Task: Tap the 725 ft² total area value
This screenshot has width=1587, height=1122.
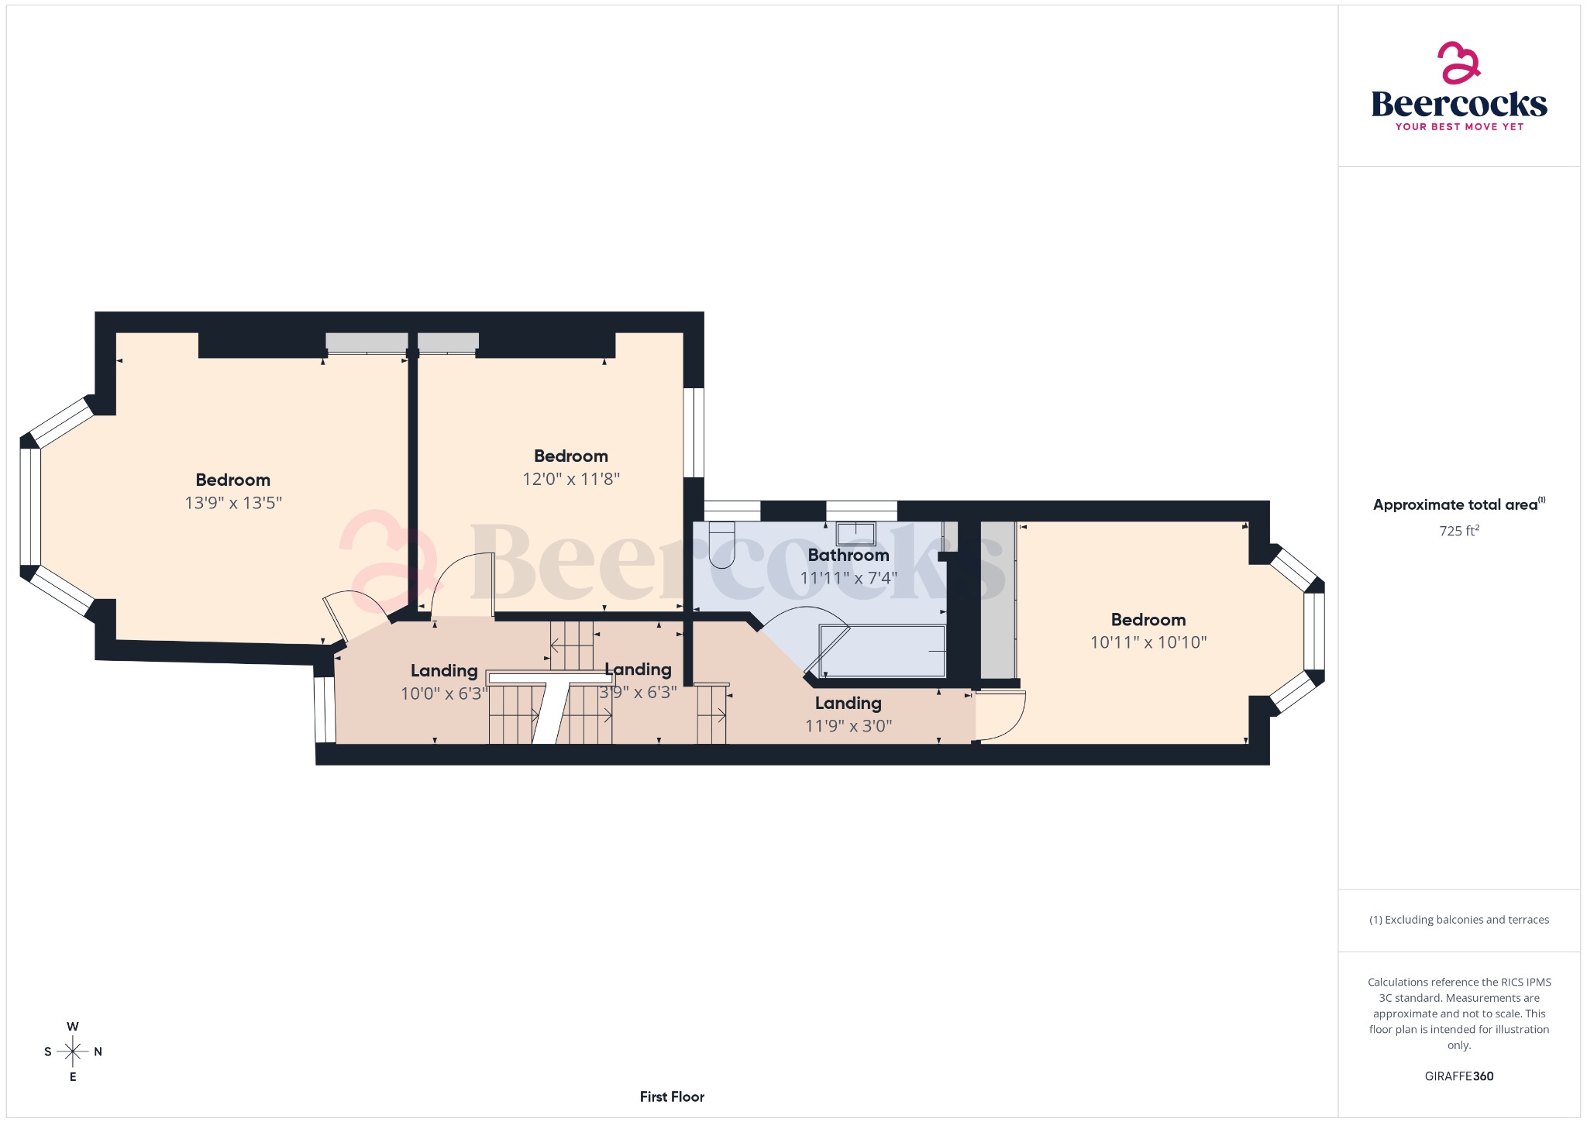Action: pos(1458,531)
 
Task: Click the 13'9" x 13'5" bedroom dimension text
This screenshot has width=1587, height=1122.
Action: pos(233,503)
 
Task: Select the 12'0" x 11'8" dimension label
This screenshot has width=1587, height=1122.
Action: pos(571,479)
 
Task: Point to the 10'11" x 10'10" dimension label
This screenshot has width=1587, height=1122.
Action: pos(1148,642)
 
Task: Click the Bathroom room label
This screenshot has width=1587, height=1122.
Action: pos(848,555)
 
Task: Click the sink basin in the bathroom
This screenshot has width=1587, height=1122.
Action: pos(855,534)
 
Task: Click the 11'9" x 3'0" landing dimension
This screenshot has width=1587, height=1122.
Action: pos(848,726)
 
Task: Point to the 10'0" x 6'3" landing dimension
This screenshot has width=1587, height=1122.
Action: pos(444,694)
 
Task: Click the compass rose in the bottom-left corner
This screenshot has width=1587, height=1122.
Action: pos(73,1051)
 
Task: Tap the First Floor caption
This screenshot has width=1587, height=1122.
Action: pos(672,1096)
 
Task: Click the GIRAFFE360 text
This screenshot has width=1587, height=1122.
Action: pos(1458,1076)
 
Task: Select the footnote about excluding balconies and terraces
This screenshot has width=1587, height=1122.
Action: pos(1458,920)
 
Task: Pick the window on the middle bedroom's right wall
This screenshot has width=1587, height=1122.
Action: pos(694,432)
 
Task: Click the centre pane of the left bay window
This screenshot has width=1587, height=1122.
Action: pos(30,507)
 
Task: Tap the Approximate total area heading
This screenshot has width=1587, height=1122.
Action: pos(1455,505)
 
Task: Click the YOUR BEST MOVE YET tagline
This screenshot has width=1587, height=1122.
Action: pos(1458,127)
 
